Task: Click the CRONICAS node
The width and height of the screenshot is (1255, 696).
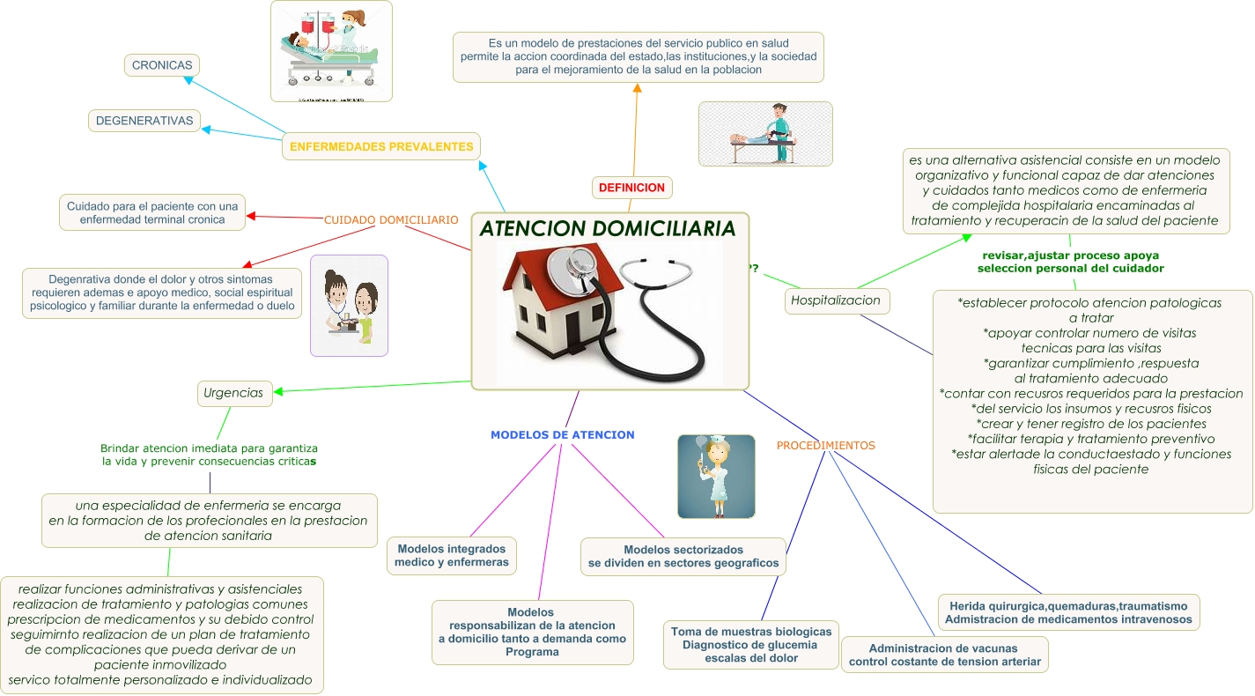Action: point(162,65)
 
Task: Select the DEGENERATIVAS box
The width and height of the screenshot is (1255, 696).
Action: point(144,121)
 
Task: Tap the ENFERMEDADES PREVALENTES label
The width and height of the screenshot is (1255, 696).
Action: point(381,147)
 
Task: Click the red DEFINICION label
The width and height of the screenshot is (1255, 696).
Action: point(631,188)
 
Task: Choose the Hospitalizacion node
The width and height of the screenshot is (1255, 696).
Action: point(836,300)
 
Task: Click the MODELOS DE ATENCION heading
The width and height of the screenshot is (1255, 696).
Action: point(562,435)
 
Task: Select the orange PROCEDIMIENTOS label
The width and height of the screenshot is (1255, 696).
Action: point(825,446)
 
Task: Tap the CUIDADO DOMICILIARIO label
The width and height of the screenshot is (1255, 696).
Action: point(391,219)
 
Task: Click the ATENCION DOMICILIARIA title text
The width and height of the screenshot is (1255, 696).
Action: point(608,229)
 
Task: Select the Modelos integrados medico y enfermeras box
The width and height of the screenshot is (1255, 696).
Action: point(452,556)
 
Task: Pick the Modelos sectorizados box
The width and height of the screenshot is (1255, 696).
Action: point(683,557)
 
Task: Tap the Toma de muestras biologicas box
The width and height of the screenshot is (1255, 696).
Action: point(751,645)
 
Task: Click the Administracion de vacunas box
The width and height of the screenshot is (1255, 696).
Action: point(944,655)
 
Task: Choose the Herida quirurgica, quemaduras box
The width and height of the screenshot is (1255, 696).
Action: point(1068,612)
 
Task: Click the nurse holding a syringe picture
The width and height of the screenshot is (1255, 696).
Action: point(716,476)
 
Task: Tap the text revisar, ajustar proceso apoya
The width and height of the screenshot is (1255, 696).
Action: point(1070,255)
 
